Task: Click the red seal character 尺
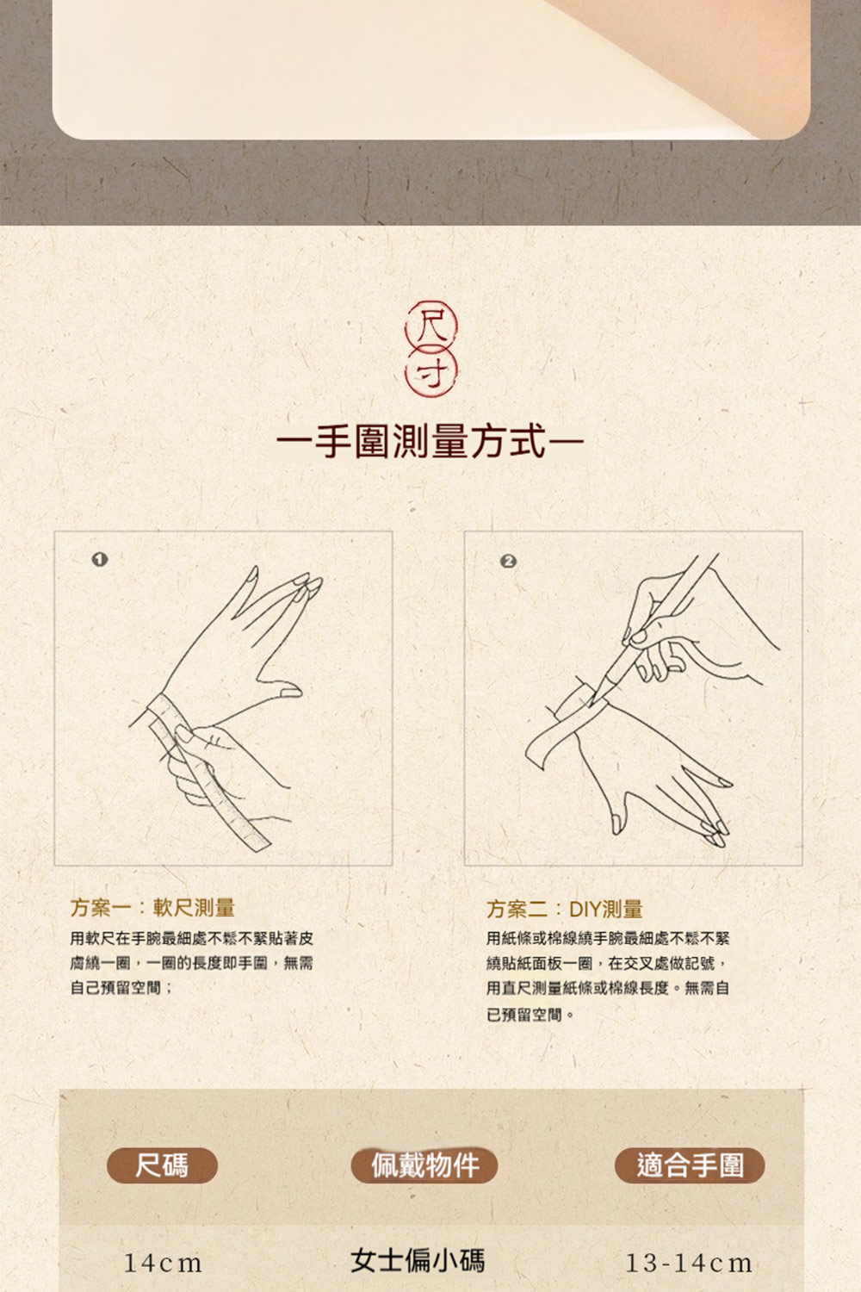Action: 431,326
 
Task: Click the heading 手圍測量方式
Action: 430,442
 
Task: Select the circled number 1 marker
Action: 100,560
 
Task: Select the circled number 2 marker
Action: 508,562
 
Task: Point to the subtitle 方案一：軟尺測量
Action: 152,907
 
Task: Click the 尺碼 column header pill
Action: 162,1165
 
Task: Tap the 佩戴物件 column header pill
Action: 424,1165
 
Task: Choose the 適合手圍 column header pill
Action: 690,1165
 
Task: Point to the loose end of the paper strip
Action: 537,751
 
